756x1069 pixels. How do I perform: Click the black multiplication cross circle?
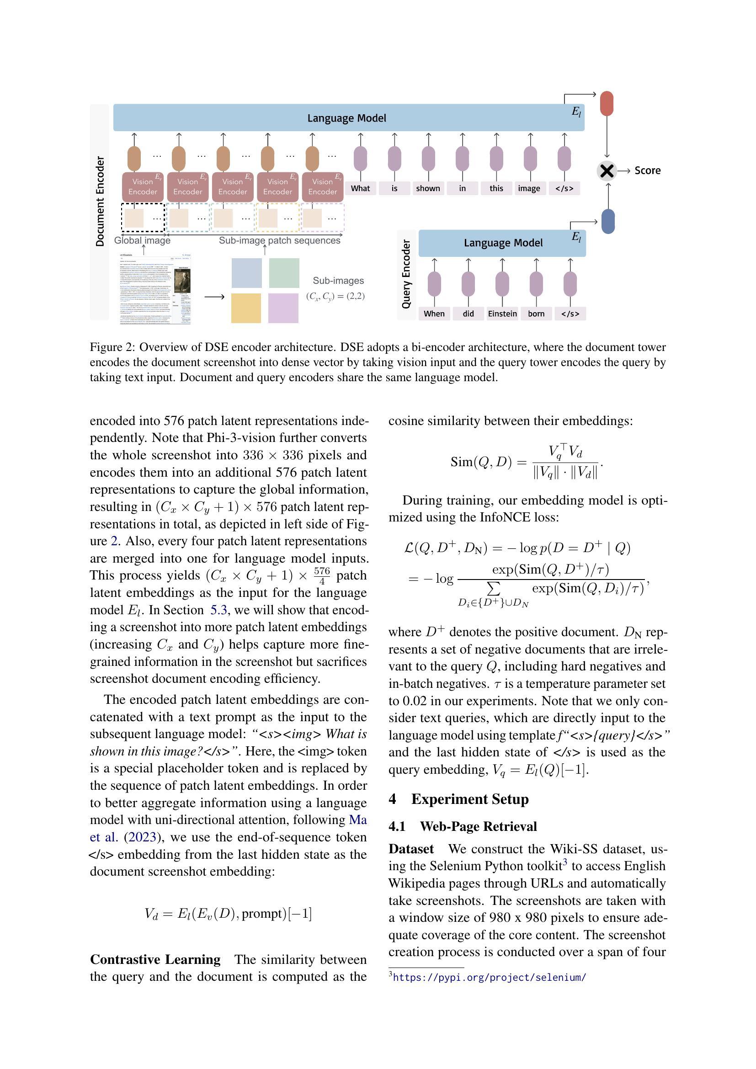[x=607, y=171]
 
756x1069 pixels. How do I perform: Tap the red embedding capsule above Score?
[x=607, y=103]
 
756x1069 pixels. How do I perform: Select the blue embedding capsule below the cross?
[x=608, y=221]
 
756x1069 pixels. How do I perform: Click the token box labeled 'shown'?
[x=428, y=188]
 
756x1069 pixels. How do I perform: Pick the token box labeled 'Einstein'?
[x=502, y=314]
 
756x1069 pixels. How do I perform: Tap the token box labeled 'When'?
[x=434, y=314]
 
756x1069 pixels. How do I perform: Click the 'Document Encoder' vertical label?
[x=100, y=201]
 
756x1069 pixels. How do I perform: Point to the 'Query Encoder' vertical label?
[x=406, y=274]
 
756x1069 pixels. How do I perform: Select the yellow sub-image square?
[x=246, y=308]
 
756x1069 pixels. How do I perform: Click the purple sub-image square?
[x=283, y=308]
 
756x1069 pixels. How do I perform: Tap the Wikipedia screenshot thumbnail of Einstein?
[x=155, y=289]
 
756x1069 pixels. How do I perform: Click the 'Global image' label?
[x=142, y=240]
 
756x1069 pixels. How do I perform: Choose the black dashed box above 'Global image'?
[x=143, y=218]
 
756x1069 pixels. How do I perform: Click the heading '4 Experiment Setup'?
[x=458, y=799]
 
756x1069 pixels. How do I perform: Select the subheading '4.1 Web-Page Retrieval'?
[x=463, y=826]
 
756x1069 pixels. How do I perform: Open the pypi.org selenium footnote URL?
[x=489, y=977]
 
